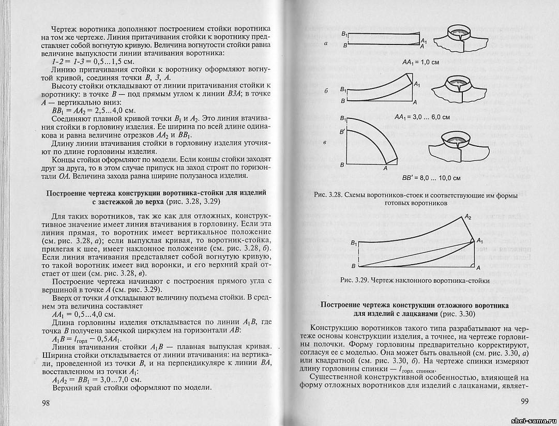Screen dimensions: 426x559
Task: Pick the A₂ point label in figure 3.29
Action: (x=467, y=217)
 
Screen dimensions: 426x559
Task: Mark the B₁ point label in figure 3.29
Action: (x=354, y=242)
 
